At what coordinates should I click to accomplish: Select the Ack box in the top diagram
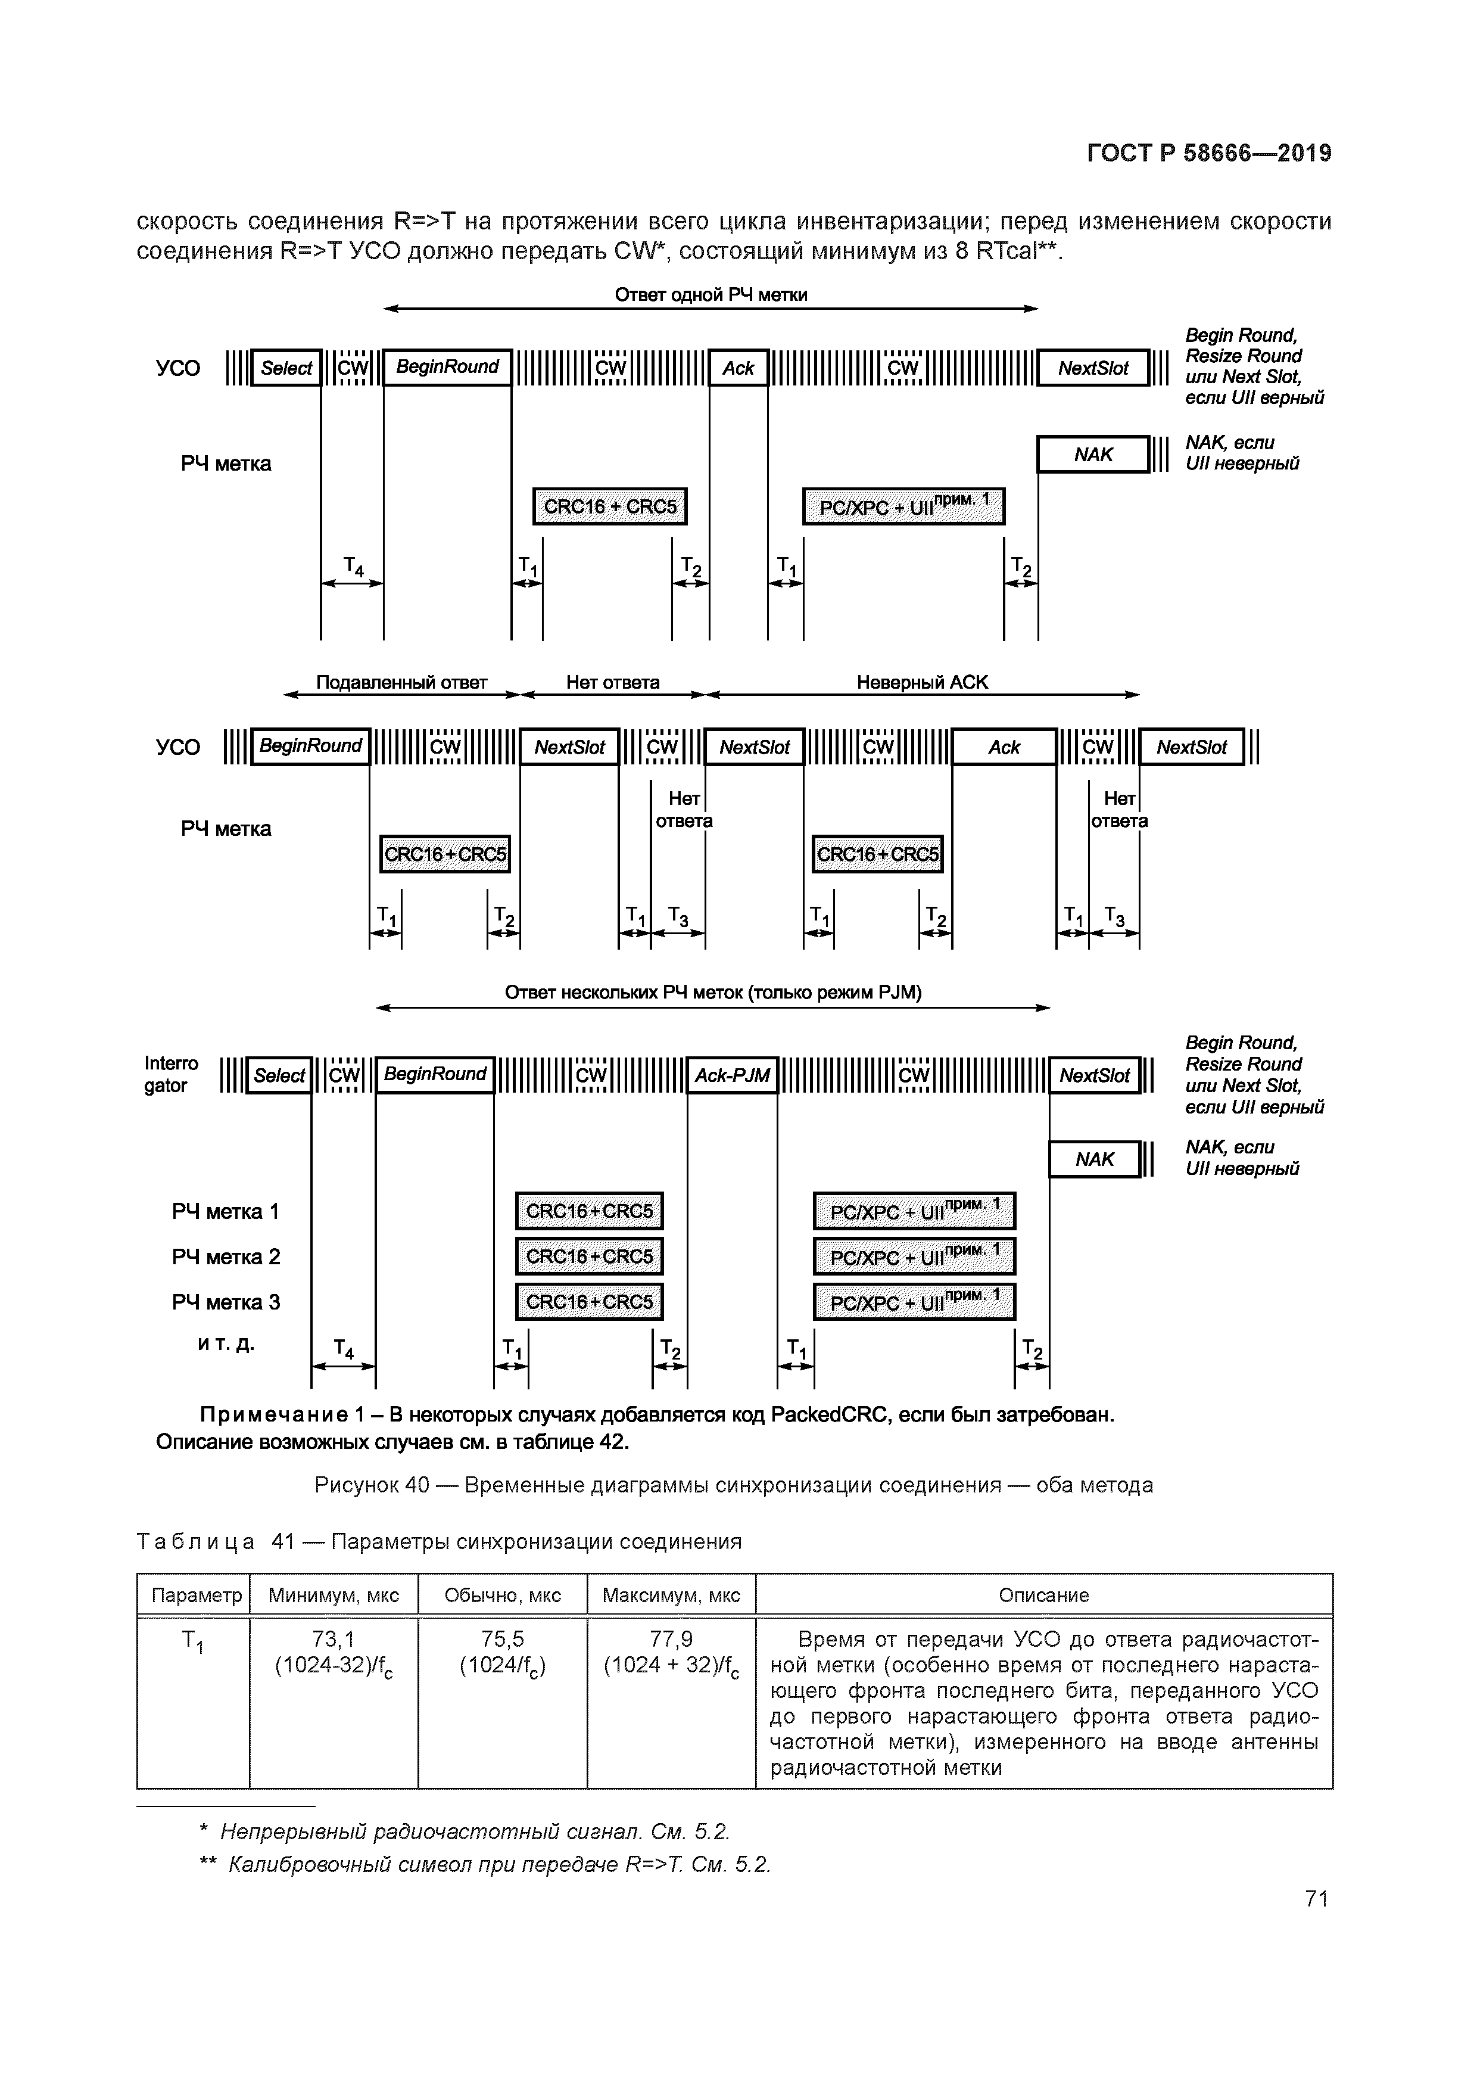point(738,368)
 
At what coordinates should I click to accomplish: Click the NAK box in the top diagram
point(1093,454)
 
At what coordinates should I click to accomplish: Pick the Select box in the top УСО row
point(286,368)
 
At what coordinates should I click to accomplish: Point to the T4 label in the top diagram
point(353,567)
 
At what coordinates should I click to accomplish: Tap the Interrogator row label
point(171,1074)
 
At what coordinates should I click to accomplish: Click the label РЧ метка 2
point(226,1257)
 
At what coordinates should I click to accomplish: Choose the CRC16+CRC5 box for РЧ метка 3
point(589,1302)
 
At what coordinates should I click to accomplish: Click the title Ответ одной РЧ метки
point(711,295)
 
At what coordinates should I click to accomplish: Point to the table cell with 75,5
point(502,1640)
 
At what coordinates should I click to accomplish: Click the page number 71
point(1316,1899)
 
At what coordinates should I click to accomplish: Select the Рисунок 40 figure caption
point(734,1485)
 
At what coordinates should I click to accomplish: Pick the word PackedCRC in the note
point(827,1416)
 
